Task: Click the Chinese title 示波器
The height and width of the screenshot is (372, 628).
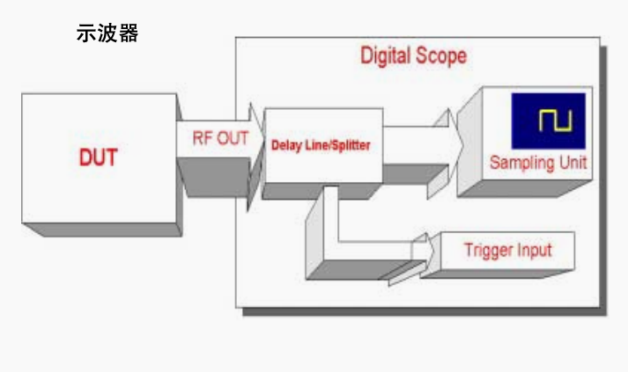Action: tap(107, 33)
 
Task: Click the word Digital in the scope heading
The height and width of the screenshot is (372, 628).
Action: tap(386, 55)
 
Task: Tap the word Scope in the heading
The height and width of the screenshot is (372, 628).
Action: tap(441, 55)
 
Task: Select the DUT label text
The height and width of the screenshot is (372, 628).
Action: tap(98, 157)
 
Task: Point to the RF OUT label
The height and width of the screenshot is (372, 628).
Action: tap(220, 138)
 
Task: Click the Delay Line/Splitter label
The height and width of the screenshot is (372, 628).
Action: tap(321, 145)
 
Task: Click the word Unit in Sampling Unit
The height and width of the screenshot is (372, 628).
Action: tap(573, 162)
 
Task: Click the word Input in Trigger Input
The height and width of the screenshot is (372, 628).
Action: tap(535, 251)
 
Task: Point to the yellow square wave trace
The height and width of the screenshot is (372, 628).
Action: tap(555, 120)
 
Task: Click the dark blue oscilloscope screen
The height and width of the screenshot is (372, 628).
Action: tap(549, 120)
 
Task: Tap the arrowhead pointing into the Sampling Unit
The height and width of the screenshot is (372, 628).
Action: tap(454, 145)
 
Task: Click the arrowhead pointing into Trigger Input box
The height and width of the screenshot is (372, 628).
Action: tap(429, 251)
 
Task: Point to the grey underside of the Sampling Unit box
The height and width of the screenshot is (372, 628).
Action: tap(525, 188)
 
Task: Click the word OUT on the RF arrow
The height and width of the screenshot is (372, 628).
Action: tap(233, 138)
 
